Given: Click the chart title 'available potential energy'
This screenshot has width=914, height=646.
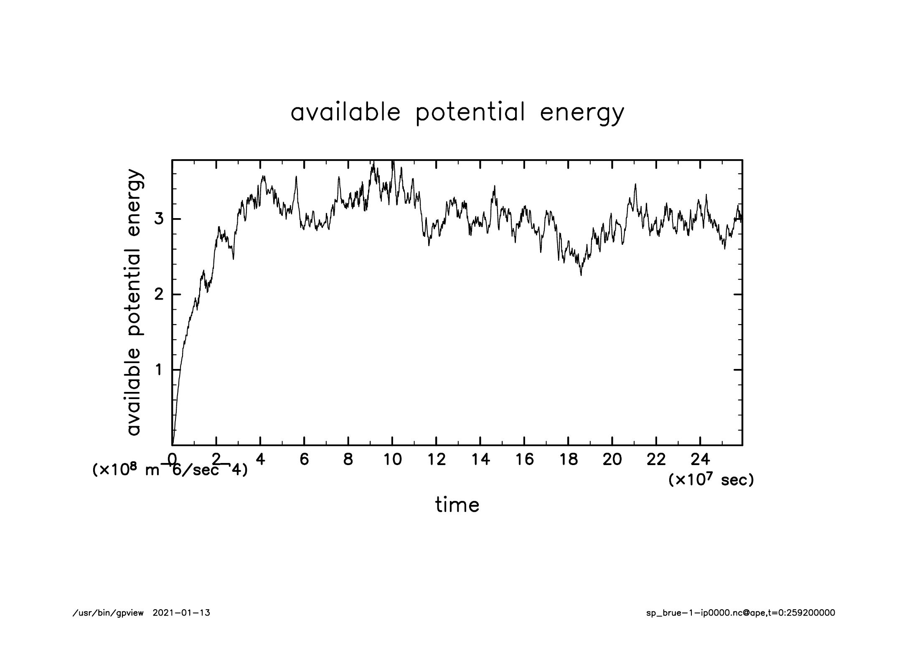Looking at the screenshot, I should pyautogui.click(x=457, y=113).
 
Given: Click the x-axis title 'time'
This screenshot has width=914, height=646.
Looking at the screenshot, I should pyautogui.click(x=457, y=505).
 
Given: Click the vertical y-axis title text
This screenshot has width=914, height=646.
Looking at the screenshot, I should pyautogui.click(x=135, y=303).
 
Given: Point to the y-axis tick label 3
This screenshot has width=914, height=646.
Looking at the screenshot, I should pyautogui.click(x=158, y=219).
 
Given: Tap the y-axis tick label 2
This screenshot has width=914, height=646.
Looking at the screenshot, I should pyautogui.click(x=158, y=295).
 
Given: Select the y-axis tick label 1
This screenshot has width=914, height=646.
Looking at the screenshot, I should pyautogui.click(x=158, y=370).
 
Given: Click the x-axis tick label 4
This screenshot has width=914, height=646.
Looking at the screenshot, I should pyautogui.click(x=260, y=460).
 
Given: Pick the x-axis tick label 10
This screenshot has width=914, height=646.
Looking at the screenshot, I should pyautogui.click(x=392, y=460).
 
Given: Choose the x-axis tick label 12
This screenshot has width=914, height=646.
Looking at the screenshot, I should pyautogui.click(x=436, y=460).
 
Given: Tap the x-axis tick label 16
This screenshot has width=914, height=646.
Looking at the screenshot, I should pyautogui.click(x=524, y=460).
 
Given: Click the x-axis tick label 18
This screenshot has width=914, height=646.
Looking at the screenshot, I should pyautogui.click(x=568, y=460).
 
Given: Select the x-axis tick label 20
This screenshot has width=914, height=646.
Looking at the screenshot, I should pyautogui.click(x=612, y=460).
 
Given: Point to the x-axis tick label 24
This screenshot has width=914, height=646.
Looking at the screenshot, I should pyautogui.click(x=700, y=460).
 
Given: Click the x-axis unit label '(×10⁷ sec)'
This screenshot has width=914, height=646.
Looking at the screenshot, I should pyautogui.click(x=711, y=480).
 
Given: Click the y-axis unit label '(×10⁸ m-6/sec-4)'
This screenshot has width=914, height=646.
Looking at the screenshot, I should pyautogui.click(x=170, y=470).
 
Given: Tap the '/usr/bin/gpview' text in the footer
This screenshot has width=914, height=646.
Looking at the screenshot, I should pyautogui.click(x=108, y=613).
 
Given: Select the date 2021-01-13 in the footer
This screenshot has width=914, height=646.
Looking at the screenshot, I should pyautogui.click(x=181, y=613).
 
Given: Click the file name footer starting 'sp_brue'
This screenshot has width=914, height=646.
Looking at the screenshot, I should pyautogui.click(x=740, y=613).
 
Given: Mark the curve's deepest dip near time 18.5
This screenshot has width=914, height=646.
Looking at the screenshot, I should pyautogui.click(x=581, y=275).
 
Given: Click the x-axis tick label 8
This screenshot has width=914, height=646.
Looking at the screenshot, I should pyautogui.click(x=348, y=460).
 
